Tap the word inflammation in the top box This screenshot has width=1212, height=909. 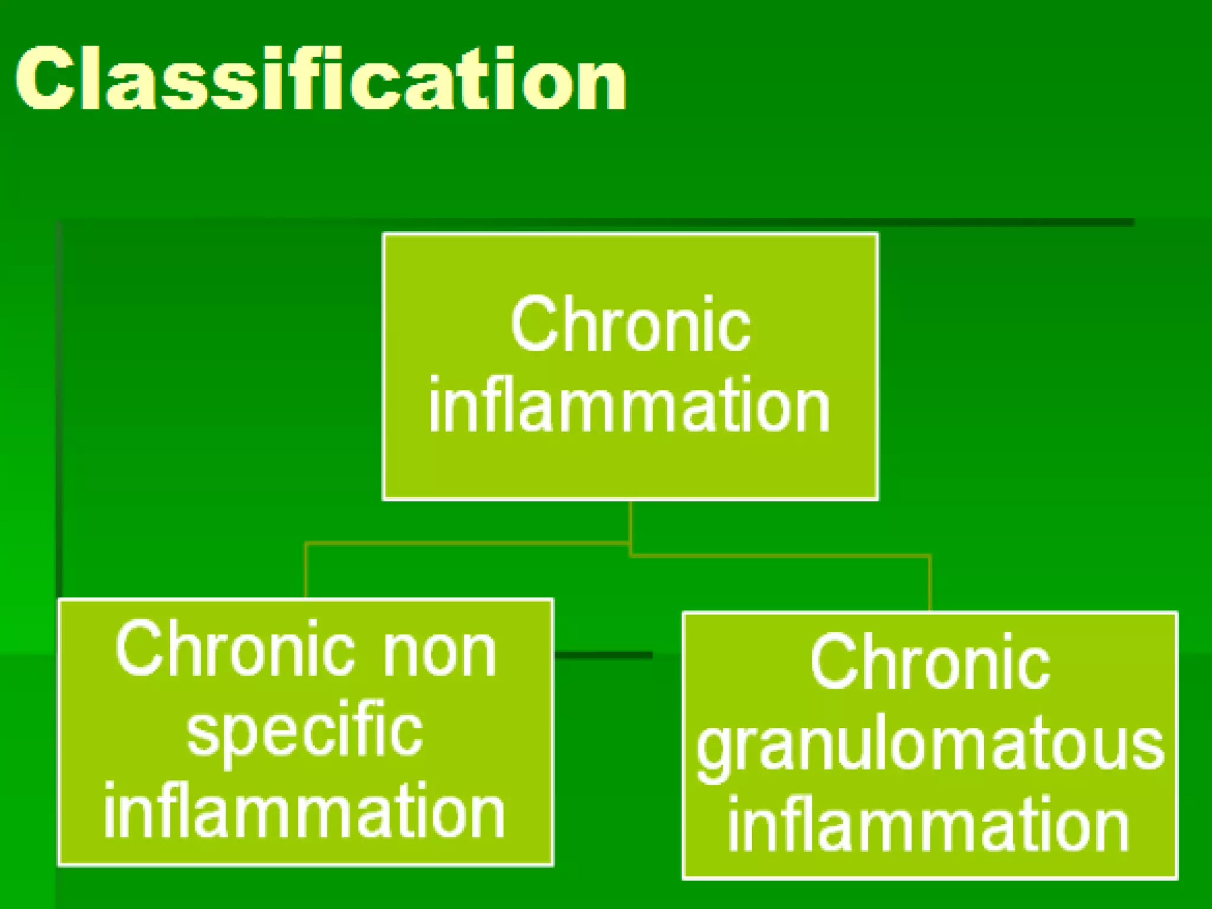629,406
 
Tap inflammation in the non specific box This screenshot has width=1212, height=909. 304,811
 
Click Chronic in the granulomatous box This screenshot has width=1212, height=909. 930,663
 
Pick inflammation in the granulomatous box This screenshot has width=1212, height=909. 929,825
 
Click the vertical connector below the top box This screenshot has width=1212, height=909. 630,521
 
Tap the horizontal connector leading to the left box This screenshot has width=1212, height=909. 468,542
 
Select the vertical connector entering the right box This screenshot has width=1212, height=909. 930,583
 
